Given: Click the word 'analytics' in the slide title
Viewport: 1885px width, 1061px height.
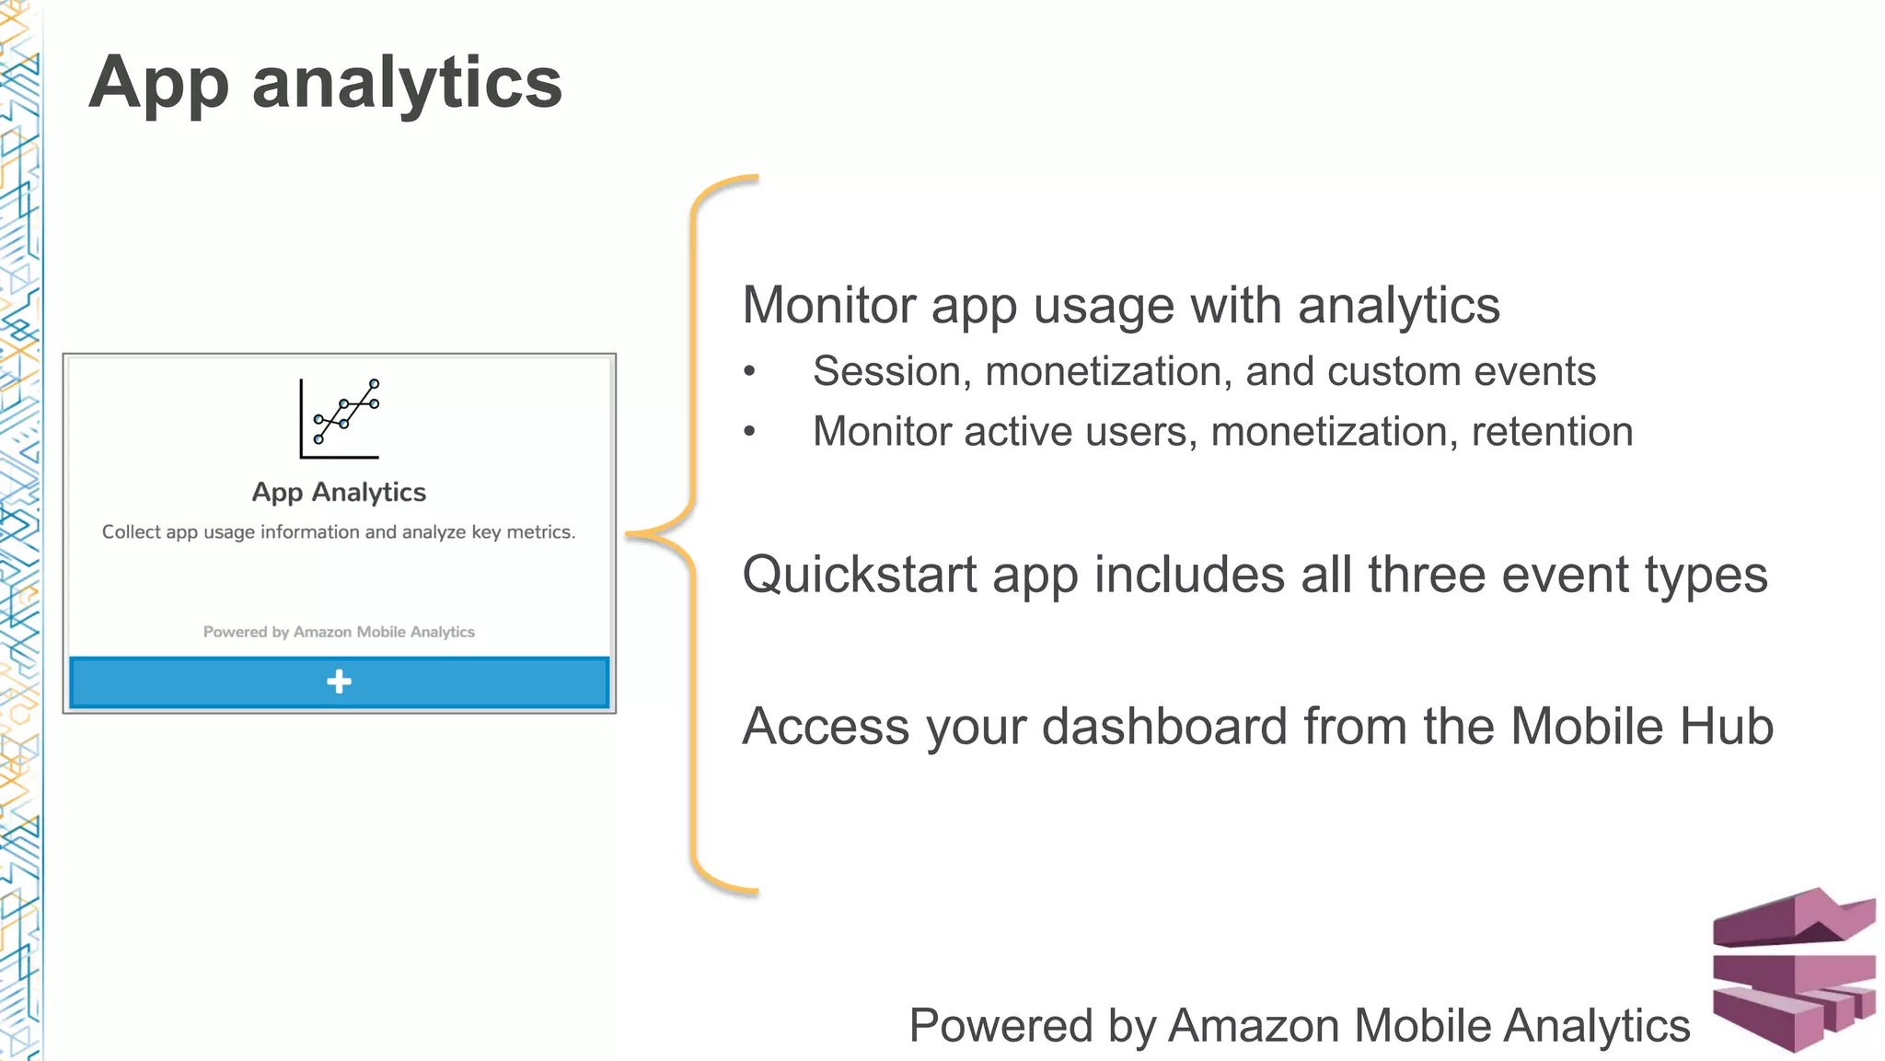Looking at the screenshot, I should pos(406,83).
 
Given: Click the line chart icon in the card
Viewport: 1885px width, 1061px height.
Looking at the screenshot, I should pos(340,418).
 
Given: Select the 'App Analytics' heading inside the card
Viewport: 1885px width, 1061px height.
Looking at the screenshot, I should pos(339,493).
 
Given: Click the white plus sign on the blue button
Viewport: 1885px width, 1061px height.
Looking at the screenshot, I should pos(339,682).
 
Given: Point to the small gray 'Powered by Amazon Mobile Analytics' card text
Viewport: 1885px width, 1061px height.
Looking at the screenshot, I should pos(339,632).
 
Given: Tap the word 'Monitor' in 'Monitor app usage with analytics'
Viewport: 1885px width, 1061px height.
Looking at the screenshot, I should pos(828,306).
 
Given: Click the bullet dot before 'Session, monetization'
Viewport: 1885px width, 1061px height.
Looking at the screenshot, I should pos(749,372).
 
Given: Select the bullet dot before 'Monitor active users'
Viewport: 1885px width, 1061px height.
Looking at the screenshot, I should pos(749,432).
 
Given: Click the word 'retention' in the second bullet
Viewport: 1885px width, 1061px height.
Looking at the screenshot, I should pos(1552,432).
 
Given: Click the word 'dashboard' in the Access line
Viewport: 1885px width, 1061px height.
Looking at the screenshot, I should pos(1164,727).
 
